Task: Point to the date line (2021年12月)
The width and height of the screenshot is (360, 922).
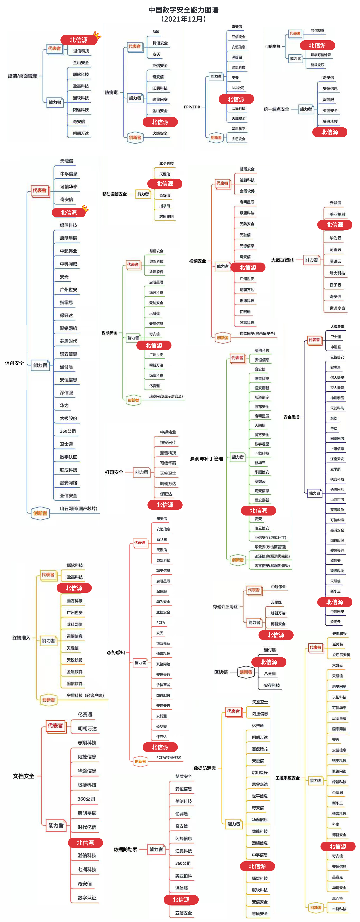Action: (184, 19)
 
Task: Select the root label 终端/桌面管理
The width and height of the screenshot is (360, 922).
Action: (22, 76)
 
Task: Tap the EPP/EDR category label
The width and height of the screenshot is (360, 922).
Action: (192, 107)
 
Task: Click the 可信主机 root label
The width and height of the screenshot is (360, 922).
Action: (273, 47)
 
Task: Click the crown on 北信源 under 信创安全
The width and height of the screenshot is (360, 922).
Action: (85, 208)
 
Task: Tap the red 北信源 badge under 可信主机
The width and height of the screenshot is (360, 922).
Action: (317, 45)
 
